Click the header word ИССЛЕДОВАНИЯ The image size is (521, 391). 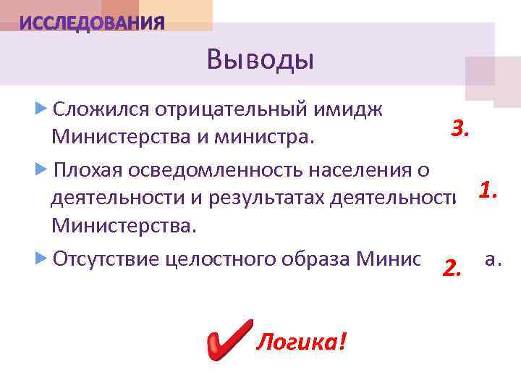(92, 24)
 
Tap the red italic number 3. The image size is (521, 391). (461, 129)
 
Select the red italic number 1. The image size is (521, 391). (487, 190)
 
